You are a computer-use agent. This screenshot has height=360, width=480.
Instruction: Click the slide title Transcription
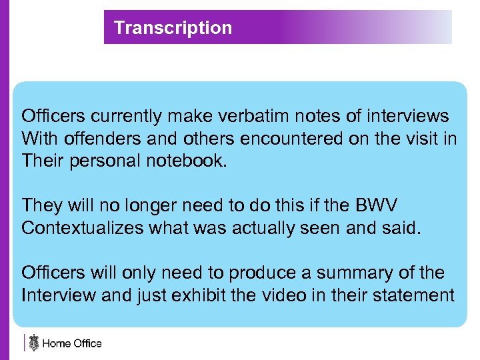point(173,28)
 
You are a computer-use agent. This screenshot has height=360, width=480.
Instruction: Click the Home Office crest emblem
point(33,343)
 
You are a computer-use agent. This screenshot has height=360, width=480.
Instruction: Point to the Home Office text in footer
point(72,344)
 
